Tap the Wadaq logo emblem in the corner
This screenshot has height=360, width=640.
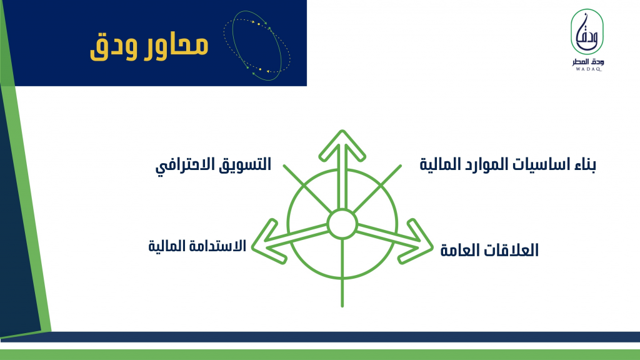pos(587,32)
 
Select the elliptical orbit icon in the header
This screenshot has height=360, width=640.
pos(257,45)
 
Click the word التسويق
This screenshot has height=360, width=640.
pos(244,164)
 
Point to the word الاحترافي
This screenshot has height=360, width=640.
pos(186,165)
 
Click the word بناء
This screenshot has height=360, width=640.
pos(584,164)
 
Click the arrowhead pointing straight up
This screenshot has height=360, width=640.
pos(342,144)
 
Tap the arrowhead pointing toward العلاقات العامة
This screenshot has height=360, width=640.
pos(418,242)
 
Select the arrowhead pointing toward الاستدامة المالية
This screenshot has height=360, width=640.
pos(266,242)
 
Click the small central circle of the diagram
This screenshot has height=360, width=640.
pos(342,224)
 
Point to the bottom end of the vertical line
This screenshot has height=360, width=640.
pos(342,306)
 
